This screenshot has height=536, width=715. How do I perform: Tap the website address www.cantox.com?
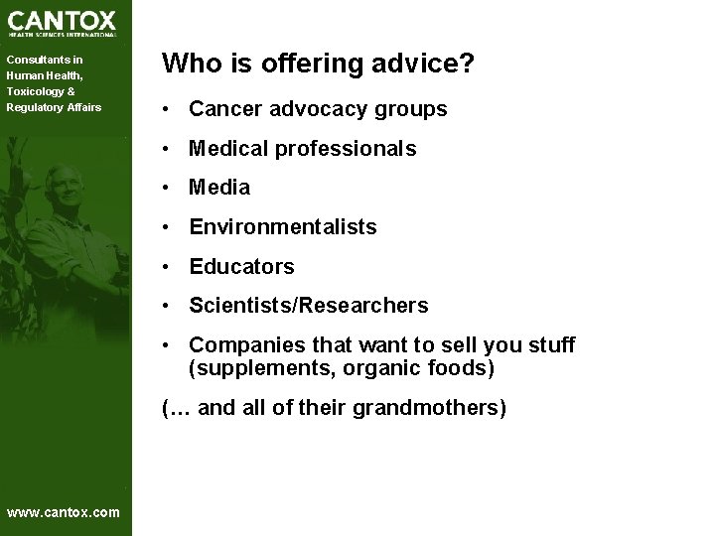(63, 512)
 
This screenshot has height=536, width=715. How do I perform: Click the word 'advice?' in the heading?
(421, 65)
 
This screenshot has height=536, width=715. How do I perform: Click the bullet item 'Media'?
(219, 188)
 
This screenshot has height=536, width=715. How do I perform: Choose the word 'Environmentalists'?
(283, 227)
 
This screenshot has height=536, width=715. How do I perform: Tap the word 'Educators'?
(241, 267)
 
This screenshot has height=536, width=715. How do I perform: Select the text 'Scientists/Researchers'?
(309, 306)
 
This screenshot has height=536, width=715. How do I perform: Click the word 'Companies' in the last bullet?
(238, 345)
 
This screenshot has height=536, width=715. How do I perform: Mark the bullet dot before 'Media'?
(171, 188)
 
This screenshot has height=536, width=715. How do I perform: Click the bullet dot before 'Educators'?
(171, 267)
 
